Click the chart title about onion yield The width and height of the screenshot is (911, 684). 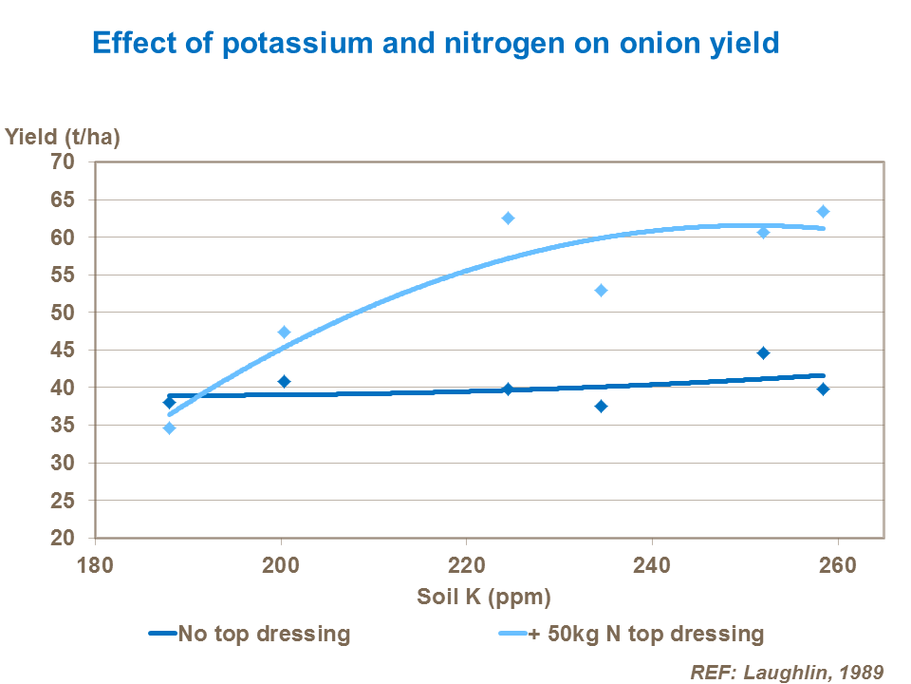(435, 44)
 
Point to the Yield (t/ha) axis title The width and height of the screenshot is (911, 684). (63, 136)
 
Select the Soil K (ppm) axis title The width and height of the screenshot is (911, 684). (484, 598)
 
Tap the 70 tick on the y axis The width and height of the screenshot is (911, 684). (63, 161)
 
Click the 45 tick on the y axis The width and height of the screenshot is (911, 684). (63, 351)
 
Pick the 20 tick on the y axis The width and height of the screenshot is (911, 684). (63, 539)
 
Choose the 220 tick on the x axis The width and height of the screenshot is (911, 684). (466, 565)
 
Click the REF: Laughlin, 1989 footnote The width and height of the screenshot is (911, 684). (787, 671)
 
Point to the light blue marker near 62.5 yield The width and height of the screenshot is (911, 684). (508, 218)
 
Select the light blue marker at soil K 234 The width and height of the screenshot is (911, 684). (601, 290)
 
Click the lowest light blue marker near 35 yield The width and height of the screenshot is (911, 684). (169, 427)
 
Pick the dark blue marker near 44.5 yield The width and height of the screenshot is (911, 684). (763, 353)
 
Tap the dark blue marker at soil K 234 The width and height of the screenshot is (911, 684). (601, 407)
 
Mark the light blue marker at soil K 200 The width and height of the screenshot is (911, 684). (284, 332)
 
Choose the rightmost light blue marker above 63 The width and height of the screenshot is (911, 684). (823, 211)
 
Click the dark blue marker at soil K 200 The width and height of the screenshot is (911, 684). (284, 381)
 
